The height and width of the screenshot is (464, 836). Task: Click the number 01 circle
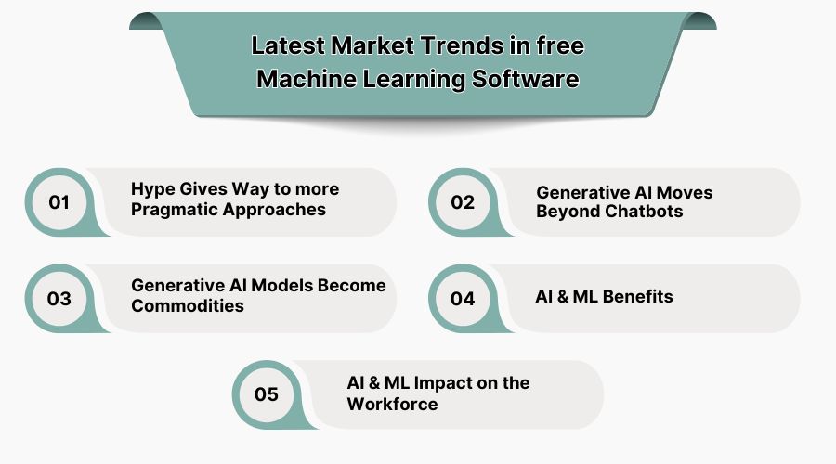[x=59, y=201]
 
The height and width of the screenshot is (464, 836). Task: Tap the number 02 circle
[x=463, y=201]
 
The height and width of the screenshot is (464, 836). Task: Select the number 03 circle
[x=59, y=298]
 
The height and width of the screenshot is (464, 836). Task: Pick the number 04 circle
[x=463, y=298]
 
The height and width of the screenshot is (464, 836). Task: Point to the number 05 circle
[x=266, y=394]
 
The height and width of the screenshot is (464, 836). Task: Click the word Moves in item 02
[x=685, y=192]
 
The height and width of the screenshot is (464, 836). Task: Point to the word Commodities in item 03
[x=188, y=306]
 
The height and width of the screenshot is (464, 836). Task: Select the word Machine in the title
[x=300, y=80]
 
